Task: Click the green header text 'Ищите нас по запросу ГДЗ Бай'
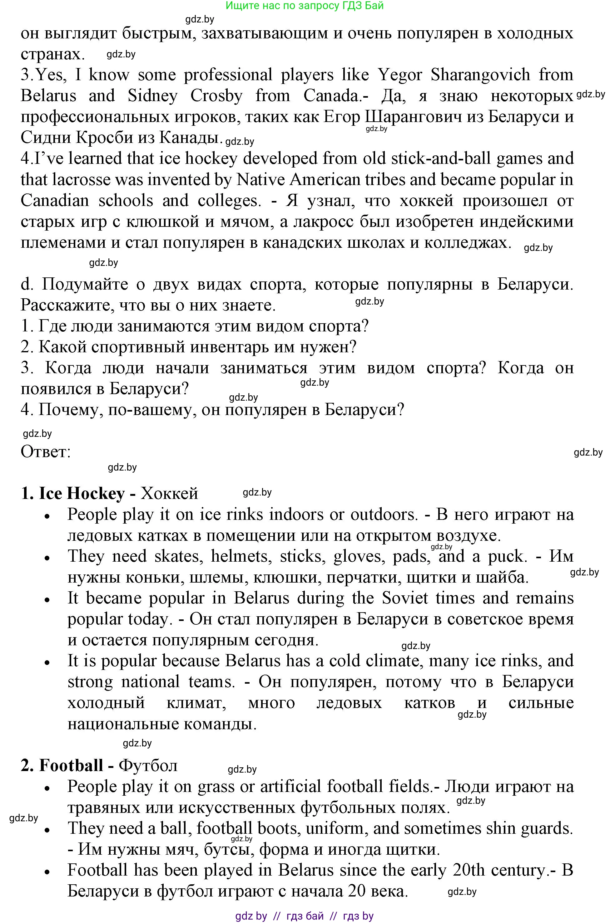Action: [305, 5]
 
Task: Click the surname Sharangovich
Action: [480, 75]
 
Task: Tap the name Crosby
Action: [216, 95]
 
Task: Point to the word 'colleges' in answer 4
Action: [228, 201]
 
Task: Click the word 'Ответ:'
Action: [46, 452]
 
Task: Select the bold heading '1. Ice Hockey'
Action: [73, 494]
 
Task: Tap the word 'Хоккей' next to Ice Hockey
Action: [169, 494]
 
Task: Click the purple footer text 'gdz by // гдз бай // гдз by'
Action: [305, 916]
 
